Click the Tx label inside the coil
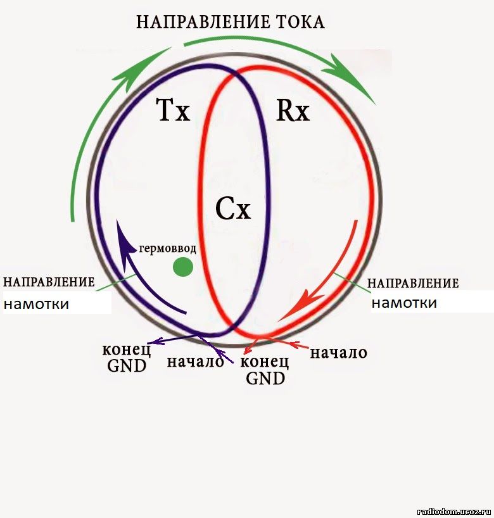173,110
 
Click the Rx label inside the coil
293,110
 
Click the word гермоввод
168,248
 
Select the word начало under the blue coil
195,362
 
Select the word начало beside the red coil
338,353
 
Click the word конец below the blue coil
126,350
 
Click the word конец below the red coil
264,362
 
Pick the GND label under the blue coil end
127,366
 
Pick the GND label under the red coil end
265,378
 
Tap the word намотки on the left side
36,303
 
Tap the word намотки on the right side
405,303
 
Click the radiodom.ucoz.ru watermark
455,512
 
